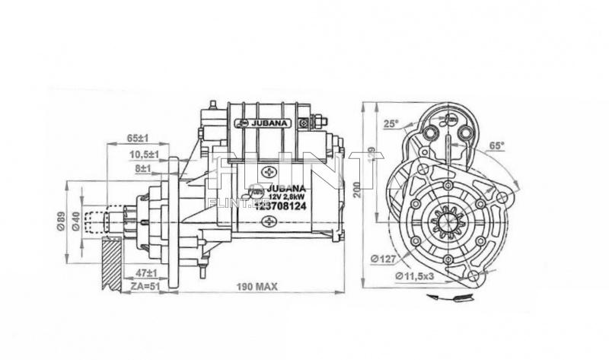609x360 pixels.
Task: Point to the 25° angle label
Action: tap(391, 123)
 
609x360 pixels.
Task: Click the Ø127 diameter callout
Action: tap(384, 259)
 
